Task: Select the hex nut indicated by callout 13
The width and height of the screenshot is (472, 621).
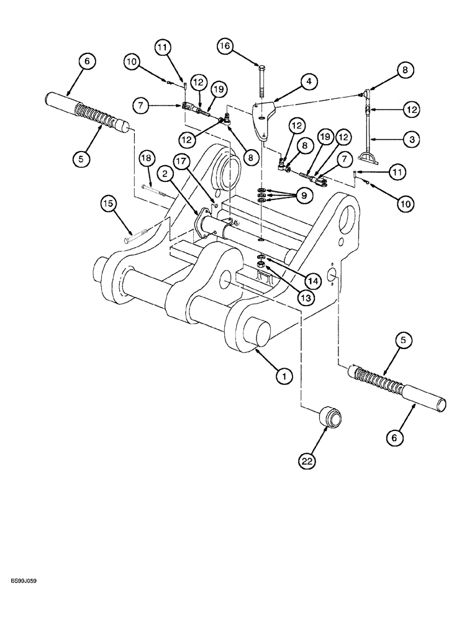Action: pos(263,267)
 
